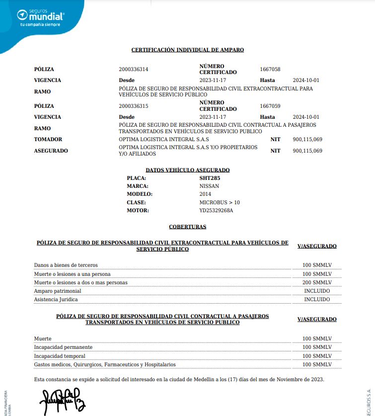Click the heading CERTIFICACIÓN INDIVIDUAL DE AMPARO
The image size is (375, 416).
(187, 50)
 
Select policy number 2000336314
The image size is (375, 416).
(134, 69)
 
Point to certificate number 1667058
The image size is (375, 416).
(270, 69)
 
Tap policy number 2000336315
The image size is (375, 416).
(134, 106)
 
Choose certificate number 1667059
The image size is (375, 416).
(270, 106)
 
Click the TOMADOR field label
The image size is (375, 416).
(48, 140)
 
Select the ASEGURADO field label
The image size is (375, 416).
(51, 151)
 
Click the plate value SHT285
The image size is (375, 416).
(210, 177)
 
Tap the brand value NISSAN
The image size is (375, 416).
(209, 186)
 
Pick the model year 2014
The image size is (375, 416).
(205, 194)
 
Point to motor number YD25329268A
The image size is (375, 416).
(216, 210)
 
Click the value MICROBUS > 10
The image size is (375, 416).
(220, 202)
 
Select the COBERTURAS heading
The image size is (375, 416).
(187, 227)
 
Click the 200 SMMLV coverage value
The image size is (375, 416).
(317, 282)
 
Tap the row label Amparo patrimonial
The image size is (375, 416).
(57, 291)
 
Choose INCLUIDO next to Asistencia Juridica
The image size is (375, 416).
(317, 299)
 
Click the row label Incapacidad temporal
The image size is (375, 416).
(60, 356)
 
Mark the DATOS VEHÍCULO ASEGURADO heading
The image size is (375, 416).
(187, 170)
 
